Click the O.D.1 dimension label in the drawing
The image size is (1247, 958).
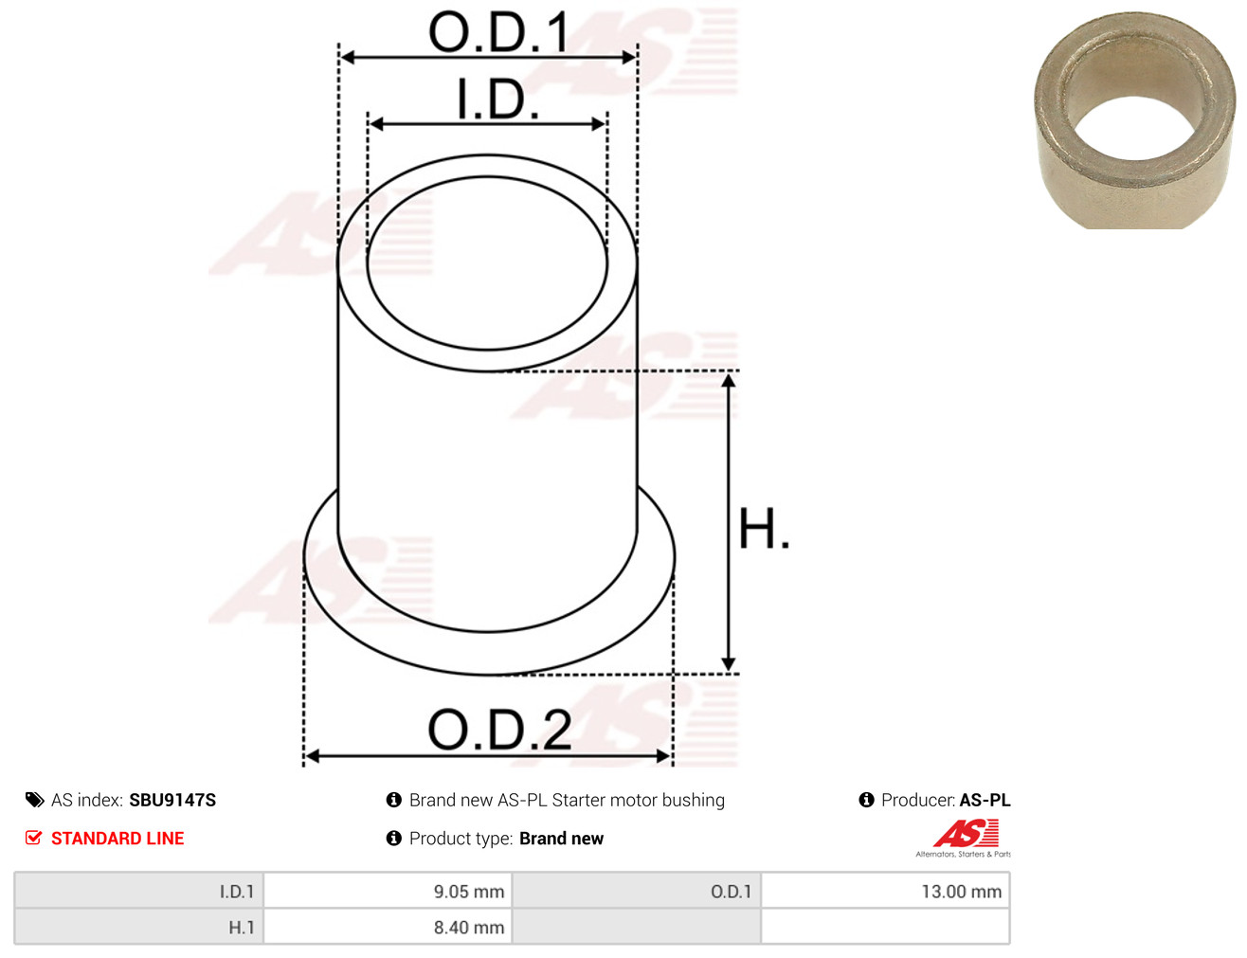coord(498,32)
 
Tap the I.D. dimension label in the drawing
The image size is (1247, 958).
coord(497,99)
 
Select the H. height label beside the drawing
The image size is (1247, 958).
coord(763,529)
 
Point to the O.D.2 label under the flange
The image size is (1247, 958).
coord(499,730)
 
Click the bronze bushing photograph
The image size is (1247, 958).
coord(1134,120)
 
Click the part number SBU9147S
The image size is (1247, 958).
coord(172,800)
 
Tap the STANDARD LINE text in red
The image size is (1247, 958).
coord(117,838)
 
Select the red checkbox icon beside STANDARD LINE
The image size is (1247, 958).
coord(34,838)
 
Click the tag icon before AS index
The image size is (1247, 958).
coord(34,800)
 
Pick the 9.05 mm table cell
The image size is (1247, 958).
coord(388,891)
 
